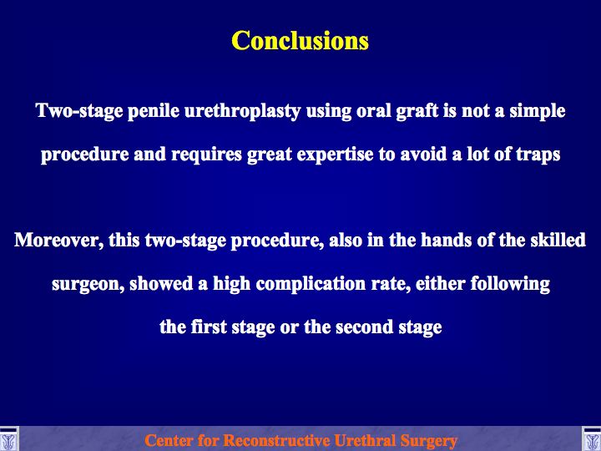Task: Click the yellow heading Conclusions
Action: coord(300,40)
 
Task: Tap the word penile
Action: coord(154,111)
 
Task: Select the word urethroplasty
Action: coord(242,112)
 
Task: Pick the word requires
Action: coord(206,155)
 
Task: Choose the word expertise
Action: coord(335,155)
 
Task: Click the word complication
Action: coord(311,284)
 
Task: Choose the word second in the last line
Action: coord(364,327)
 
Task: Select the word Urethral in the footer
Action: coord(366,440)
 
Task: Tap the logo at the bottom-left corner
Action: coord(9,439)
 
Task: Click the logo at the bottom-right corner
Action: coord(592,439)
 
